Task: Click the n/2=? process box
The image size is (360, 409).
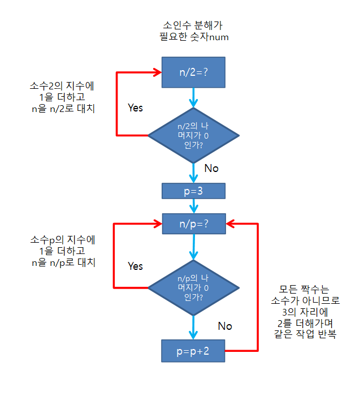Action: pyautogui.click(x=194, y=72)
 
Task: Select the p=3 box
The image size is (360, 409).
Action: pyautogui.click(x=194, y=191)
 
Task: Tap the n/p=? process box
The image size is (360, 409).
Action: pyautogui.click(x=194, y=223)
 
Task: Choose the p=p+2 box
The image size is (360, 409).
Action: pyautogui.click(x=194, y=351)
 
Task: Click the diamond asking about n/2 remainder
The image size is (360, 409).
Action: pyautogui.click(x=194, y=135)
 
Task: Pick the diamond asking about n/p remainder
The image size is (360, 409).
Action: pyautogui.click(x=194, y=287)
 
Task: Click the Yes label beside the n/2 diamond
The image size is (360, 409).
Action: pyautogui.click(x=136, y=107)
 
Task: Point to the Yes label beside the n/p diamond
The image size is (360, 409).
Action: pyautogui.click(x=136, y=266)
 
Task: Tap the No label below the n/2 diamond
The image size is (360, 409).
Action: pyautogui.click(x=211, y=169)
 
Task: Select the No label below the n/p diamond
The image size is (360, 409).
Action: pyautogui.click(x=225, y=326)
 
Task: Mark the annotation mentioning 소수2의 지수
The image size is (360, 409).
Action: pyautogui.click(x=62, y=97)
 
